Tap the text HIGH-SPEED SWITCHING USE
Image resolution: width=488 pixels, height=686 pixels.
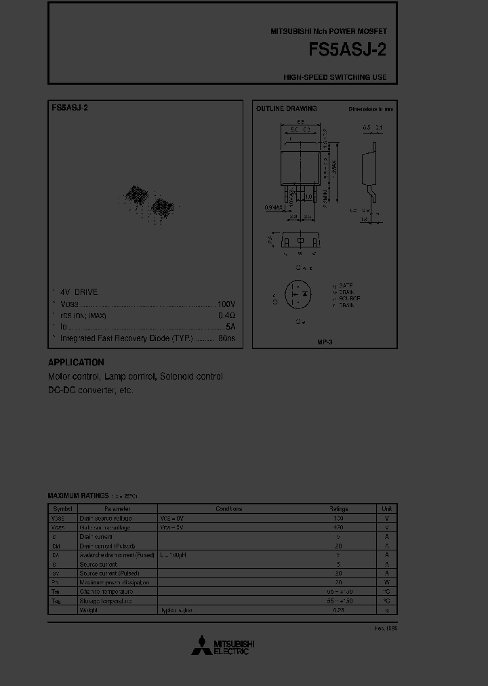pos(335,77)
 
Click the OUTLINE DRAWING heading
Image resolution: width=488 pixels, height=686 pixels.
pos(286,108)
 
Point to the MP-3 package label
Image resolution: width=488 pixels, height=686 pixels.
pos(325,342)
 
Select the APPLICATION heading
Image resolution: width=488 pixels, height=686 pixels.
pos(76,363)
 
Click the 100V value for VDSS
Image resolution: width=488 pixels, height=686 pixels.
pos(226,304)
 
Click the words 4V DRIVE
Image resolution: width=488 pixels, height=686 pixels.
pos(79,292)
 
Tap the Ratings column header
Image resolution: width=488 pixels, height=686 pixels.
pos(338,508)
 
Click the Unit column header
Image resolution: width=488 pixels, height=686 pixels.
pos(386,508)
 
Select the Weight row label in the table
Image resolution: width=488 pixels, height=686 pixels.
pos(88,610)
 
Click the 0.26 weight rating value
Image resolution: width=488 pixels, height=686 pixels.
pos(338,610)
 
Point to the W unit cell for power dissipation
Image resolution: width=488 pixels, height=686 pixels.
pos(386,582)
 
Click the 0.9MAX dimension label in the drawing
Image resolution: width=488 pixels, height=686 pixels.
pos(274,207)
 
